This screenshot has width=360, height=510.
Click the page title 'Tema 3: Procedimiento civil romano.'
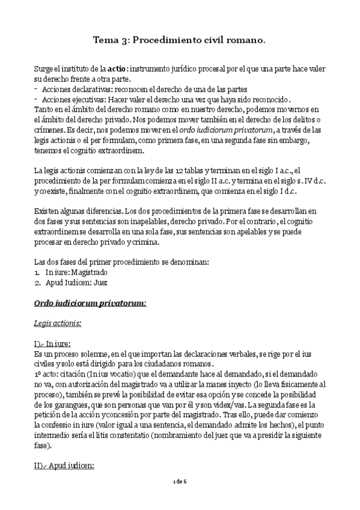click(x=180, y=40)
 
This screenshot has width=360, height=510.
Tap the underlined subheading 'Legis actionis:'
click(x=58, y=323)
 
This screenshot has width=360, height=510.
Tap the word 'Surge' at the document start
click(x=44, y=69)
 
